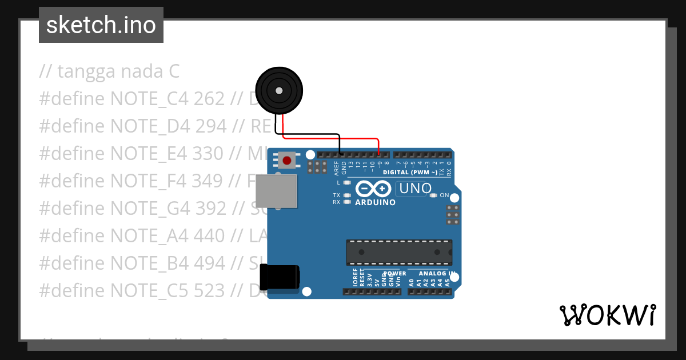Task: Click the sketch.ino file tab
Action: (x=101, y=25)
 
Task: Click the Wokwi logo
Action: (x=608, y=315)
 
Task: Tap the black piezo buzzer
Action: (x=278, y=91)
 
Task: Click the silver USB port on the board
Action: (x=276, y=191)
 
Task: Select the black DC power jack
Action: (x=280, y=277)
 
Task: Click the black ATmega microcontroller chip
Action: (x=398, y=252)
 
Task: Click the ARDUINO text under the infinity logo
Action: (x=375, y=202)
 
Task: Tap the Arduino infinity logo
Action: (x=373, y=189)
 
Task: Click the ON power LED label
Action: (x=444, y=195)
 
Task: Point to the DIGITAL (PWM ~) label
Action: (x=411, y=172)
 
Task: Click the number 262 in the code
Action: (x=209, y=99)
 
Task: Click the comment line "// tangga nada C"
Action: (x=109, y=71)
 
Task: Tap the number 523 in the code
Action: (x=209, y=290)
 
